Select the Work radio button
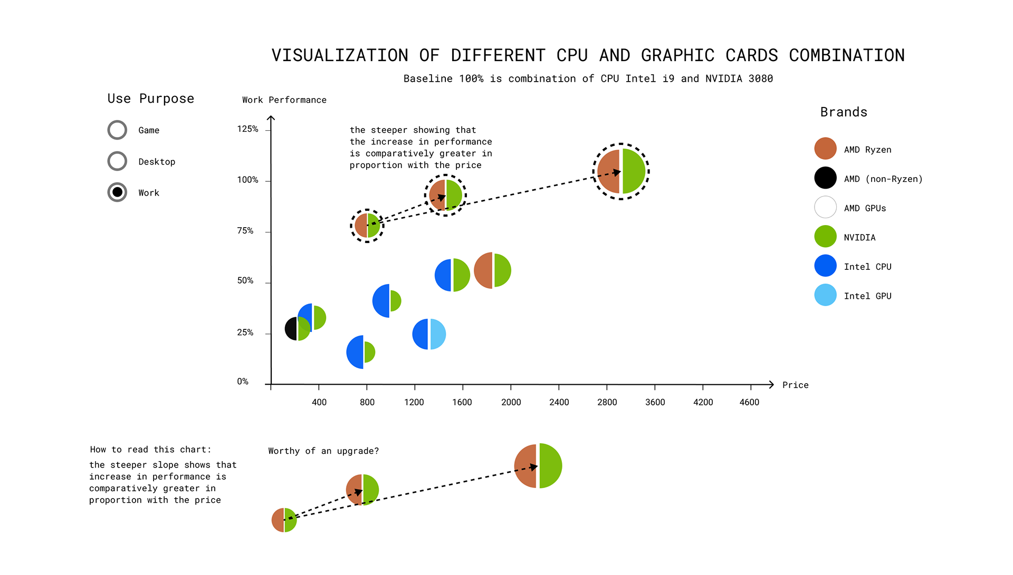coord(117,192)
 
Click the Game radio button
coord(117,130)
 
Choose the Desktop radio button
coord(117,161)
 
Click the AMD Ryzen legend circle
coord(825,149)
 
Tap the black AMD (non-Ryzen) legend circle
coord(825,178)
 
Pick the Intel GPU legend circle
coord(825,295)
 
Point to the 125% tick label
coord(247,129)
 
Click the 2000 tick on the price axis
coord(511,402)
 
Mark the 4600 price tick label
coord(749,402)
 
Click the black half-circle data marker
coord(291,329)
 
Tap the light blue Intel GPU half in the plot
coord(438,334)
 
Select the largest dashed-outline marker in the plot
coord(621,172)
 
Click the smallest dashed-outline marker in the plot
coord(367,226)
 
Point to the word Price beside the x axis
coord(795,385)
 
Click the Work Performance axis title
coord(284,100)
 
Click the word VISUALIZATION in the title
coord(340,55)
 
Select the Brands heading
coord(844,112)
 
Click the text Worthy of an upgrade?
coord(323,451)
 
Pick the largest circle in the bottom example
coord(538,466)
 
